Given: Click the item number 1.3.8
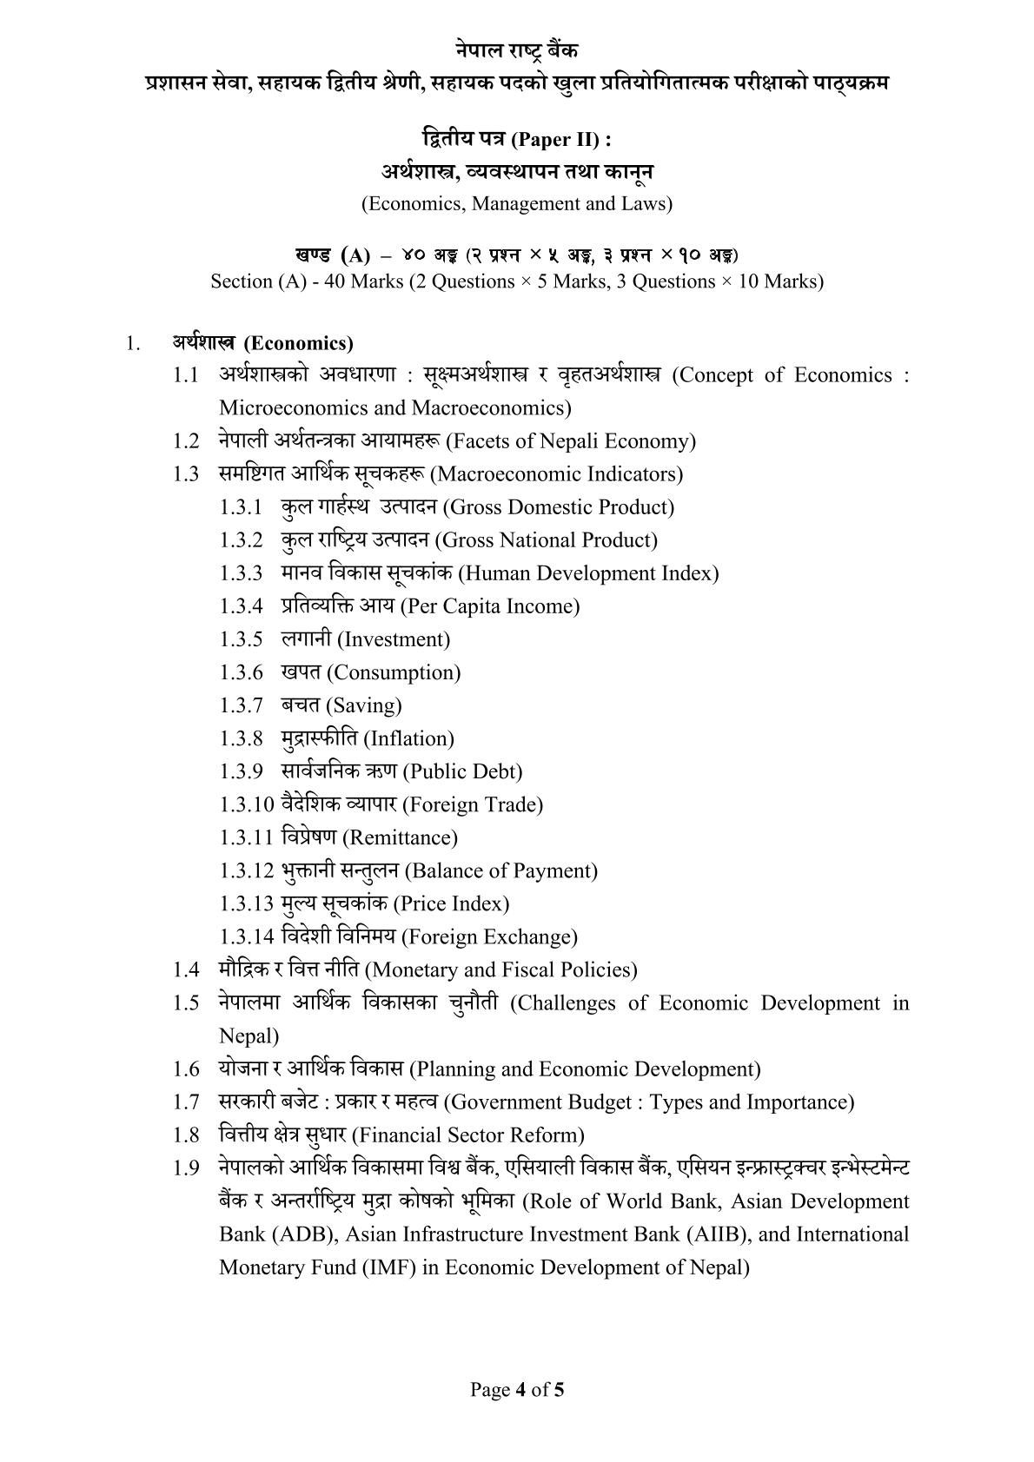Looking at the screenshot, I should pos(241,738).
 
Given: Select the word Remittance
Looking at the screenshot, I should pos(401,837).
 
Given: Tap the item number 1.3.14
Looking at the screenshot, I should pos(247,936).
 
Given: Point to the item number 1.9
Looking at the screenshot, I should pos(186,1168).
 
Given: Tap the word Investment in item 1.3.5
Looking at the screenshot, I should pos(394,639).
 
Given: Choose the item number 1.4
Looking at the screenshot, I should pos(186,969).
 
